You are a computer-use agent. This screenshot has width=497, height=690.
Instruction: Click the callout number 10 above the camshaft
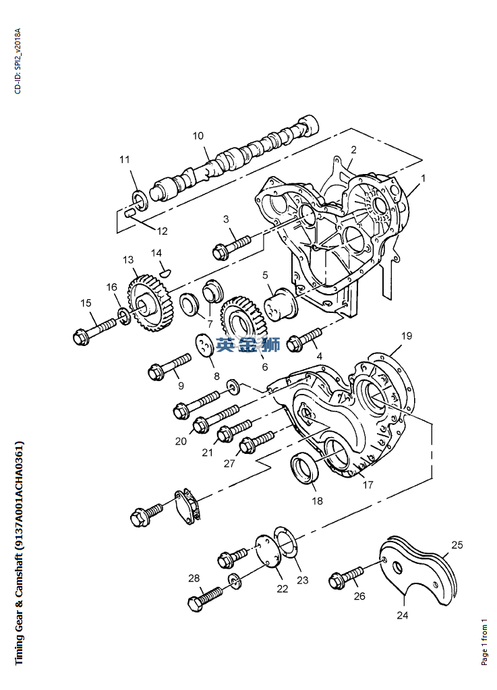pos(198,136)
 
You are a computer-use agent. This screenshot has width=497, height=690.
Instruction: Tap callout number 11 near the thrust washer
pos(125,159)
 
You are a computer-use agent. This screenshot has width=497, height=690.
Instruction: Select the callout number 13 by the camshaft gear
pos(128,260)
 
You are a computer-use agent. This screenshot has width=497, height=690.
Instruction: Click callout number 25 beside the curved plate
pos(457,545)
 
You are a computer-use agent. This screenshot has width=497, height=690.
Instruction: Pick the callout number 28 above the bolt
pos(194,577)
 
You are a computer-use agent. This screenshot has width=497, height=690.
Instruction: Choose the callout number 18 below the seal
pos(317,500)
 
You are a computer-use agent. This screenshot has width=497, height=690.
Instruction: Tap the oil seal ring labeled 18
pos(305,469)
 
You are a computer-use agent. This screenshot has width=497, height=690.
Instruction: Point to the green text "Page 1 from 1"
pos(484,641)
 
